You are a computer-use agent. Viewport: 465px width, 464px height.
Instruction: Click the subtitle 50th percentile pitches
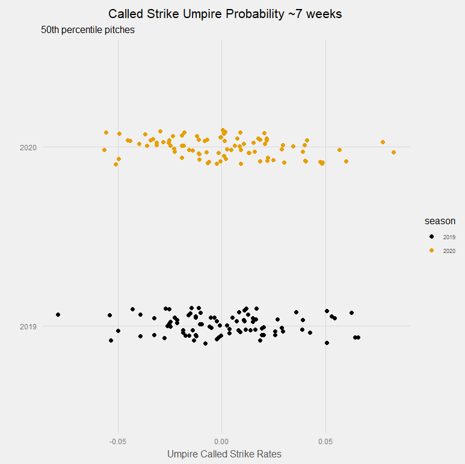(x=88, y=30)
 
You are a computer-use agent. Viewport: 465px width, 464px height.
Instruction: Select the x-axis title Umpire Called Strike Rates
(x=224, y=454)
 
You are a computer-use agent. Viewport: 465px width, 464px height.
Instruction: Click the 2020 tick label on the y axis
(x=28, y=147)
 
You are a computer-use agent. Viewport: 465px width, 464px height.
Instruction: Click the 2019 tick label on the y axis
(x=28, y=326)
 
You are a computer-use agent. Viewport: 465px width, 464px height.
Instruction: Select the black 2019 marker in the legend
(x=431, y=237)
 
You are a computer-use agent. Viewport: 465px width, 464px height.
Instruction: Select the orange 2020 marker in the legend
(x=431, y=251)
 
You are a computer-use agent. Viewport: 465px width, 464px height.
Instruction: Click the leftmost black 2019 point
(x=58, y=314)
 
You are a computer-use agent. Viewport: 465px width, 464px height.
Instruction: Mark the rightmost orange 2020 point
(x=394, y=152)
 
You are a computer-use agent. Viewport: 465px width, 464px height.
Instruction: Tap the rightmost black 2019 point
(x=359, y=337)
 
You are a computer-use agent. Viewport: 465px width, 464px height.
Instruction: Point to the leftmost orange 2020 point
(x=104, y=150)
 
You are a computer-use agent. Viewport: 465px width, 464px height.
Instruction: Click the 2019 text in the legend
(x=449, y=237)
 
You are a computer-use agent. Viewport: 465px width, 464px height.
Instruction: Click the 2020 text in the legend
(x=449, y=251)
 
